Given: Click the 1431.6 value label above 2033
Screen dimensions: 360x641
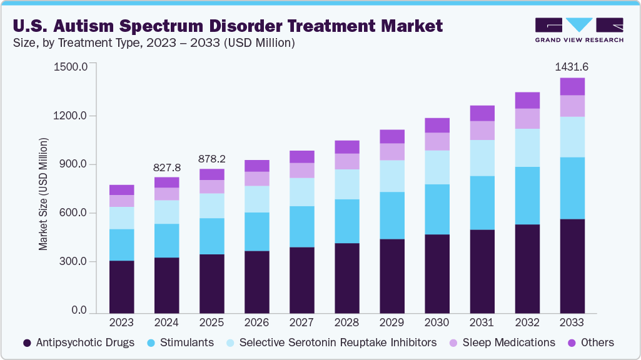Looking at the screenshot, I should (572, 67).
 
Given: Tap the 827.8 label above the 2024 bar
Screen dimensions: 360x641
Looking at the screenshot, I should (166, 168).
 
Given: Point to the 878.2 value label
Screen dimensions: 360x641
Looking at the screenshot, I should (211, 158).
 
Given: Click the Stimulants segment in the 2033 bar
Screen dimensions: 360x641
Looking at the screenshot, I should (572, 188).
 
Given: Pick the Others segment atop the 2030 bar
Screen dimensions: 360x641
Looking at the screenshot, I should (437, 125).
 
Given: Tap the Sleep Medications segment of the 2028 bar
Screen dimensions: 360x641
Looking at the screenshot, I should (347, 161).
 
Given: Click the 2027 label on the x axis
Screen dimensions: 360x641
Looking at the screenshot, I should (301, 323).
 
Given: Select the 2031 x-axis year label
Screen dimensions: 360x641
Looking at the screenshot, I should (482, 323).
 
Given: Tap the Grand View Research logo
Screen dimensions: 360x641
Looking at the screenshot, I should (578, 29).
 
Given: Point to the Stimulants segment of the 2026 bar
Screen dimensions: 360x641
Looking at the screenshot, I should (256, 231).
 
